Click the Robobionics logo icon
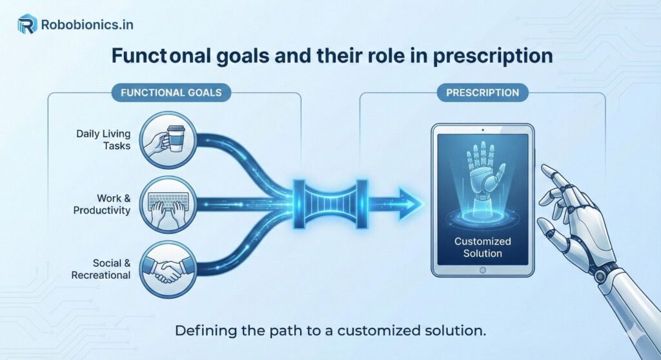pyautogui.click(x=26, y=25)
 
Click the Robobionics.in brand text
pyautogui.click(x=86, y=25)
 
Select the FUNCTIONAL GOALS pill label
pyautogui.click(x=171, y=92)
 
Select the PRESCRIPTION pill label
pyautogui.click(x=482, y=92)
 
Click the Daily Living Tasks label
pyautogui.click(x=103, y=139)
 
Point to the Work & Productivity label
pyautogui.click(x=103, y=204)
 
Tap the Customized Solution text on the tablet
pyautogui.click(x=482, y=247)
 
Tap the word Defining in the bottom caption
pyautogui.click(x=201, y=332)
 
